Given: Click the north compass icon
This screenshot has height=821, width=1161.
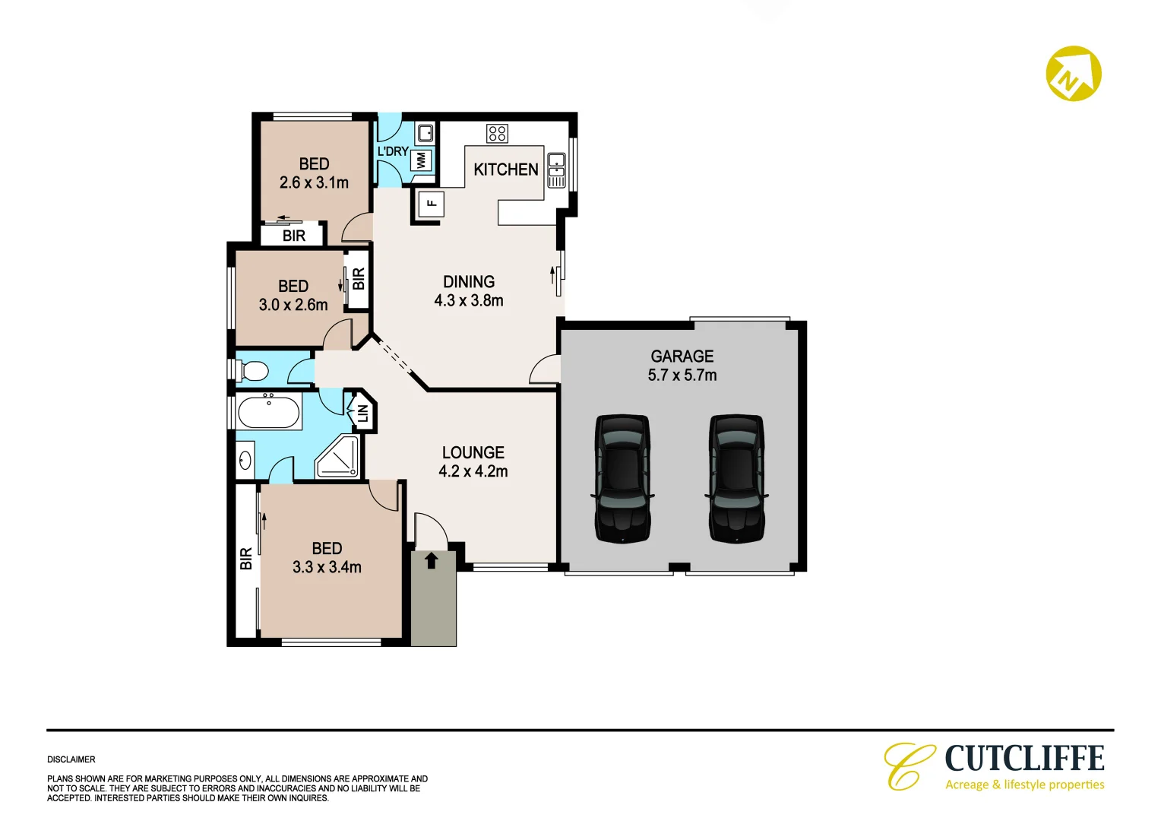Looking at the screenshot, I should tap(1073, 74).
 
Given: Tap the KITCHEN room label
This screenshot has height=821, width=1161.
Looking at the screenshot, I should tap(505, 170).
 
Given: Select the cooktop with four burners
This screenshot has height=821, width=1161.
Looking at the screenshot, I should tap(497, 134).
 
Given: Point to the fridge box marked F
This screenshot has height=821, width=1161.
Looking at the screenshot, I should tap(432, 203).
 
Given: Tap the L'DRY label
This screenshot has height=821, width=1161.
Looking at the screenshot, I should tap(392, 151).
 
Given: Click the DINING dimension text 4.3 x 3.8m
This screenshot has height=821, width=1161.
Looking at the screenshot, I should tap(468, 300).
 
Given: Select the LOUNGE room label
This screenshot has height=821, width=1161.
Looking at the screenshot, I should tap(473, 452).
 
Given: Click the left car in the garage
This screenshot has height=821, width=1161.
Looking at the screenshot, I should tap(622, 478).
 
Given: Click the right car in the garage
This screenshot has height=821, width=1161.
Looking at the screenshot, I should tap(736, 478).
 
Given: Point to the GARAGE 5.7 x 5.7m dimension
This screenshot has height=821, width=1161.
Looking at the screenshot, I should tap(682, 375).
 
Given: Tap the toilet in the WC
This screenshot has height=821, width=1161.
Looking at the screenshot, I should tap(253, 371).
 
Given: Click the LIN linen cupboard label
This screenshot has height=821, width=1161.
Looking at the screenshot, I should tap(362, 414).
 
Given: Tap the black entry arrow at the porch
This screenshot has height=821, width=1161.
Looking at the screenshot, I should tap(432, 560).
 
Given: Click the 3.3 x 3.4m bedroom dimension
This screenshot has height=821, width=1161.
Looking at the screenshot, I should tap(327, 567).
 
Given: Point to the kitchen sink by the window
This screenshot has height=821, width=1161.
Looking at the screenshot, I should tap(556, 162).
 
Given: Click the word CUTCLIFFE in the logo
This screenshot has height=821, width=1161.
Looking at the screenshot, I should tap(1024, 759).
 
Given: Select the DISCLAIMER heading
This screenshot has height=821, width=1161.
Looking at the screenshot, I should tap(71, 759).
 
